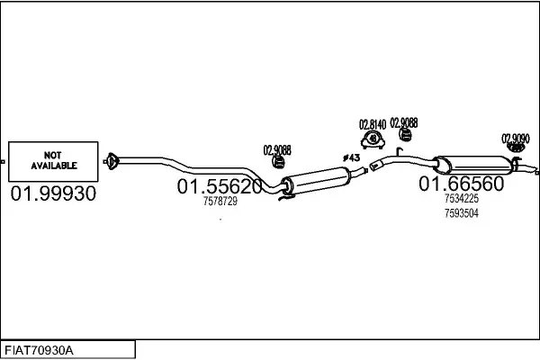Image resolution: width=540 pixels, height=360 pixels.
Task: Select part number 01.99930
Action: click(x=53, y=193)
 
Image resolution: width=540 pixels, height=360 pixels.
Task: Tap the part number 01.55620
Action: click(x=220, y=187)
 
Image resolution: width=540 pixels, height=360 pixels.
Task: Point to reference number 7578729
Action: click(x=220, y=202)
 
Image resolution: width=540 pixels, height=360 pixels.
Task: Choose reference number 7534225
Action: click(x=461, y=199)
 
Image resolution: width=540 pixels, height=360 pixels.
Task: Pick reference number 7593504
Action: click(x=461, y=213)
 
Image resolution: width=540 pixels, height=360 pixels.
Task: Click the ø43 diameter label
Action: click(x=351, y=158)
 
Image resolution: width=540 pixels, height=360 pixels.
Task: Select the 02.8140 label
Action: click(x=373, y=123)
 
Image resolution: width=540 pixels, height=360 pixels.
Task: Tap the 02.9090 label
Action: click(x=515, y=138)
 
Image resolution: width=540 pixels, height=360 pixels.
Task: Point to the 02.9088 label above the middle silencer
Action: click(x=277, y=149)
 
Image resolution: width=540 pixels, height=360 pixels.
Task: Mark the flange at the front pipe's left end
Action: click(x=112, y=162)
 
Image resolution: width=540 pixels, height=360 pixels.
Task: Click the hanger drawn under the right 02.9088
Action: click(x=406, y=136)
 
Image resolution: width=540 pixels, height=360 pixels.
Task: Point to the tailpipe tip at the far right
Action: click(x=533, y=169)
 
